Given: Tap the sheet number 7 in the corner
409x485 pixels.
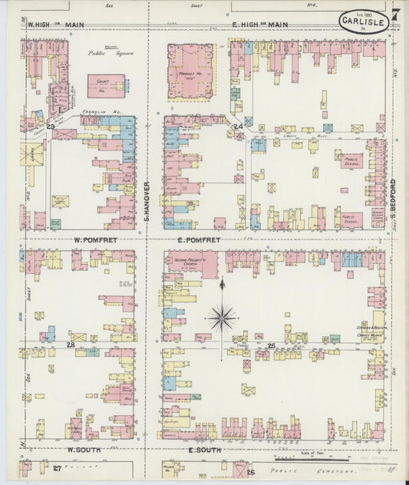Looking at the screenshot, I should [395, 15].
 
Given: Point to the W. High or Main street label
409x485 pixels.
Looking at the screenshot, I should [55, 25].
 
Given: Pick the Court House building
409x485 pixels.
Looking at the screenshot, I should [105, 86].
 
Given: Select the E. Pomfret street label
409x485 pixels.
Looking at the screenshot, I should [199, 240].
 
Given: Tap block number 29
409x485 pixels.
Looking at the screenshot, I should [51, 125].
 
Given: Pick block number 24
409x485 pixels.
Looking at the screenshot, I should [238, 125].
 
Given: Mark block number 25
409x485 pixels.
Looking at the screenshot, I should [271, 346].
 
